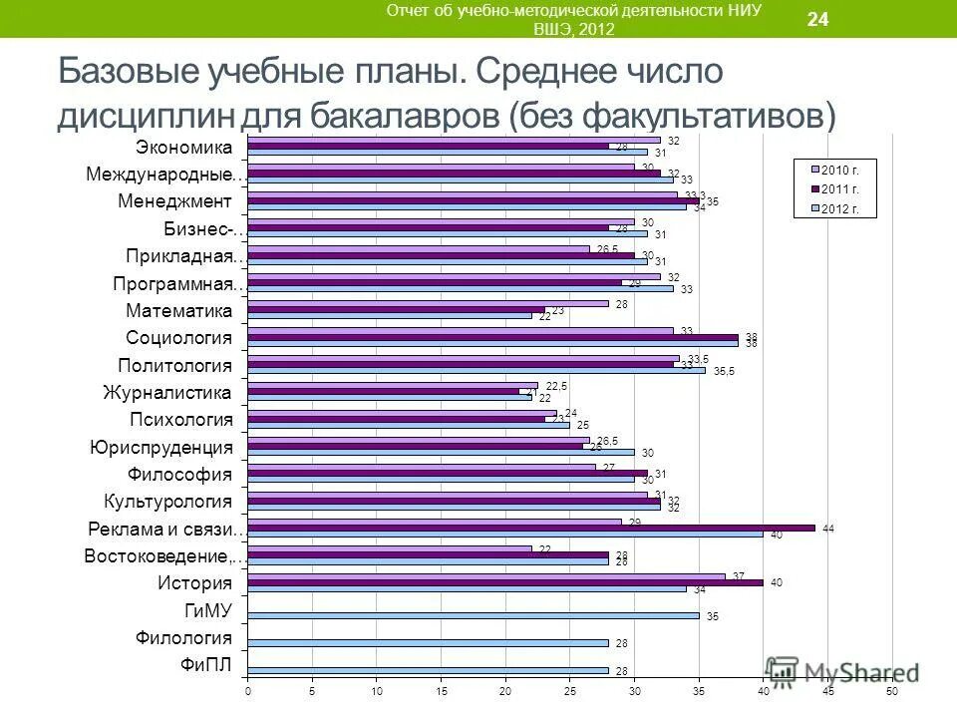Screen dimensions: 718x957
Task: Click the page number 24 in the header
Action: click(817, 19)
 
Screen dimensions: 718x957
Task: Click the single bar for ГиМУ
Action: click(474, 616)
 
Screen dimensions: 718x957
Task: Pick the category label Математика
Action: click(179, 310)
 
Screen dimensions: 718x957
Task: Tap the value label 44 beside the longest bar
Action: click(827, 529)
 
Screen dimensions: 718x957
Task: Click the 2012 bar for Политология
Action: click(476, 371)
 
